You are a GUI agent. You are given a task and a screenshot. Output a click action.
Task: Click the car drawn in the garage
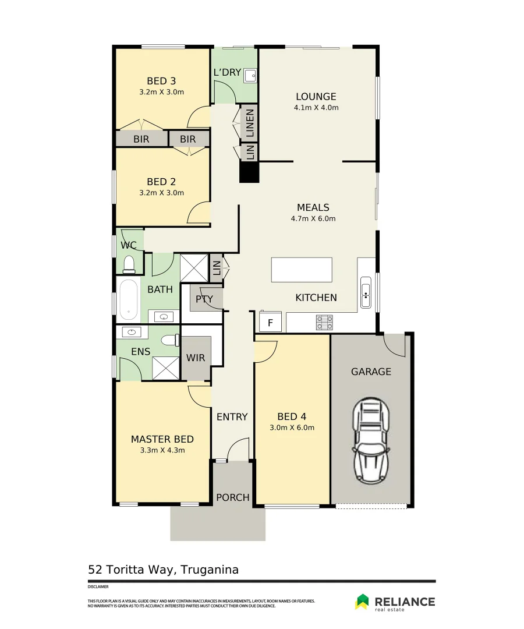click(371, 440)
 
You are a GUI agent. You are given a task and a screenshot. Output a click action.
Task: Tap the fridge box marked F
click(270, 322)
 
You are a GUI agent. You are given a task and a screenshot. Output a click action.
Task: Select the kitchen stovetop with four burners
click(324, 322)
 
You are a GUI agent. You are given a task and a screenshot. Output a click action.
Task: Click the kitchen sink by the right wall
click(366, 292)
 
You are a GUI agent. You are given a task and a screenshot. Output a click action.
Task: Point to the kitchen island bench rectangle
click(302, 270)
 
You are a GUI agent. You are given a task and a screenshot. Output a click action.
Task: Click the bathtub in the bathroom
click(129, 299)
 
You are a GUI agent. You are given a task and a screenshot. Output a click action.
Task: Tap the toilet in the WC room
click(129, 264)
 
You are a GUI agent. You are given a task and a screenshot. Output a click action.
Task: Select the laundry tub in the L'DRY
click(250, 75)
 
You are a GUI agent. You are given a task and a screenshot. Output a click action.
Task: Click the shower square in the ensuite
click(166, 368)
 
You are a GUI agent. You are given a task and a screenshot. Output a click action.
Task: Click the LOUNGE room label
click(316, 97)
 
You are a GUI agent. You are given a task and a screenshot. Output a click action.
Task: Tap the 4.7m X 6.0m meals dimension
click(313, 218)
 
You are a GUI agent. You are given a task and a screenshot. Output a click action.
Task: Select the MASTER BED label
click(162, 439)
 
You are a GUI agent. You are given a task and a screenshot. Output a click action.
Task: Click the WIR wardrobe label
click(196, 358)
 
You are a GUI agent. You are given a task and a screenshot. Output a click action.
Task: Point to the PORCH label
click(233, 497)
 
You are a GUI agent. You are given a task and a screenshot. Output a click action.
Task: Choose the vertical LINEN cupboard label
click(250, 123)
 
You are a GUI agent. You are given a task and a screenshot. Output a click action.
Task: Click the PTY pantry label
click(204, 299)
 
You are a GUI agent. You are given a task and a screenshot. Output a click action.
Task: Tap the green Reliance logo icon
click(362, 601)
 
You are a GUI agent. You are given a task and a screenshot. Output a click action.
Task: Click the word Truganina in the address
click(210, 570)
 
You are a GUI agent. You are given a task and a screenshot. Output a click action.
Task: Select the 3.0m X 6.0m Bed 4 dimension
click(292, 427)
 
